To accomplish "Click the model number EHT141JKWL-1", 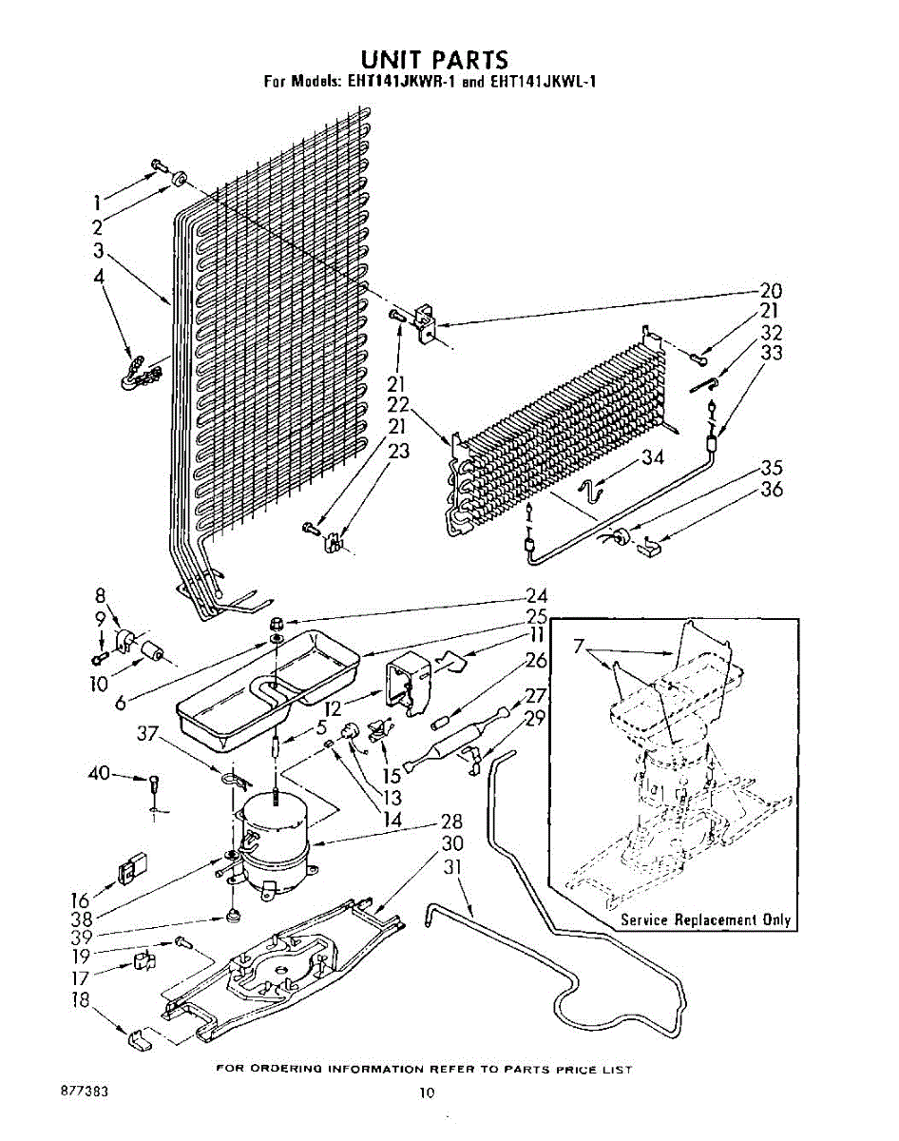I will [x=540, y=82].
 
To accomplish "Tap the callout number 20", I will [x=771, y=291].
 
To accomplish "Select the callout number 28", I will [x=450, y=823].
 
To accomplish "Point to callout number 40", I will [x=100, y=774].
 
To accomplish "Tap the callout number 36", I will [x=771, y=491].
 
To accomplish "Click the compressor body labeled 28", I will [x=276, y=837].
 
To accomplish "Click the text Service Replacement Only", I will [x=705, y=919].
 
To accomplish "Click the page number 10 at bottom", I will [x=427, y=1093].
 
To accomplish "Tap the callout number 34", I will [x=651, y=457].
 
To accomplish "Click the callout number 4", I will [x=98, y=277].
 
